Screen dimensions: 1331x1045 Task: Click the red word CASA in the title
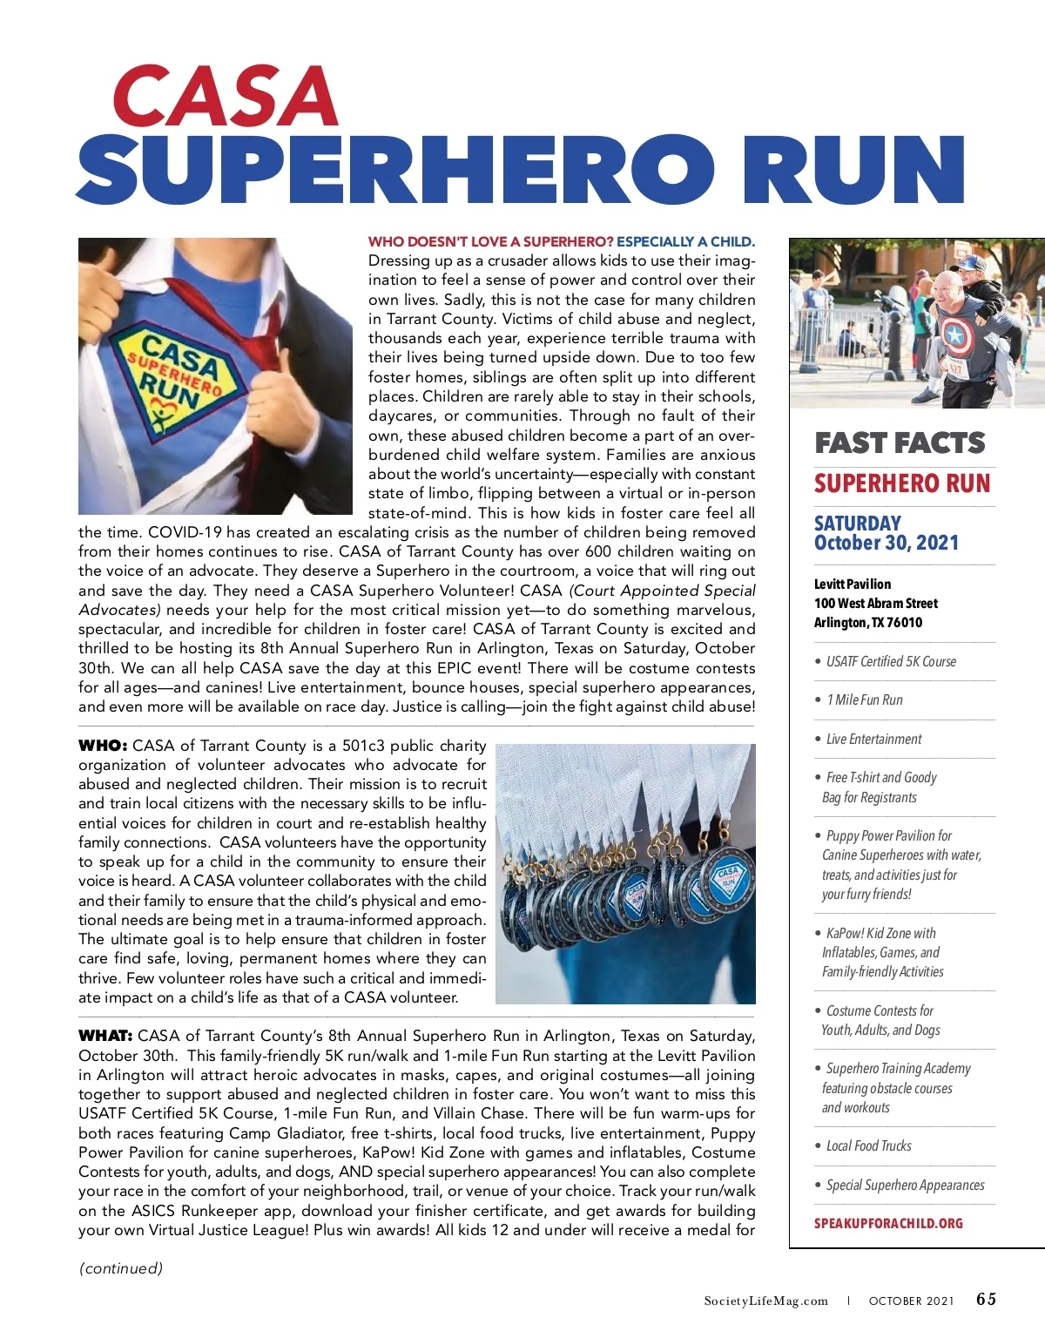[225, 97]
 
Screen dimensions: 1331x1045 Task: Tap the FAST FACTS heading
[900, 443]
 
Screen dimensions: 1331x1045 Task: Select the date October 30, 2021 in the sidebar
[886, 543]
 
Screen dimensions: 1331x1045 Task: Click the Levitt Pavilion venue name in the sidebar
[853, 584]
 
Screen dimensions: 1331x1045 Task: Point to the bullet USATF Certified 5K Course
[890, 661]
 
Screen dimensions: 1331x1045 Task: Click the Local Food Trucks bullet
[868, 1145]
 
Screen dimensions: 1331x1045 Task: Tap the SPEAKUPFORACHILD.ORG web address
[888, 1223]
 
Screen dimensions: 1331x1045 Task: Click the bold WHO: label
[103, 746]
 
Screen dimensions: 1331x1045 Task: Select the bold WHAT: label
[105, 1036]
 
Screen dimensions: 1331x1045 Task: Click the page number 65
[986, 1299]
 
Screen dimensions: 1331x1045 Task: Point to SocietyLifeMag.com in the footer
[766, 1301]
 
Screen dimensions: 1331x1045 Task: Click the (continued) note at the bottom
[121, 1268]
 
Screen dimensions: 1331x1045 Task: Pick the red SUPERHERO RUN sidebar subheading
[902, 483]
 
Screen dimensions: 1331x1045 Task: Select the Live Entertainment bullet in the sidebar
[873, 739]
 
